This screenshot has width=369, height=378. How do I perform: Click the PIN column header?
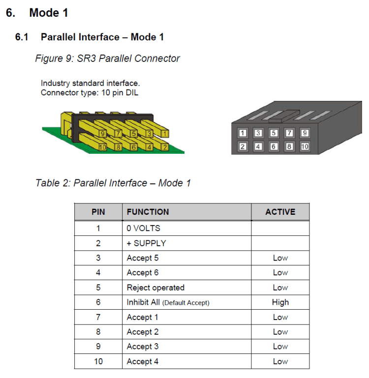click(98, 212)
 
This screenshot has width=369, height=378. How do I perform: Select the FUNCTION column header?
click(148, 212)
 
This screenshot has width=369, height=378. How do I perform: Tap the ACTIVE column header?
click(280, 212)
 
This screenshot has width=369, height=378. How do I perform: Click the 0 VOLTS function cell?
click(143, 228)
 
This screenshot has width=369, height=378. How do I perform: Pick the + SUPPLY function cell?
click(146, 243)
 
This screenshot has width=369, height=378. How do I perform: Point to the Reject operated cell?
click(155, 288)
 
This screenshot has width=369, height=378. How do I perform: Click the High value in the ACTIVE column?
click(280, 302)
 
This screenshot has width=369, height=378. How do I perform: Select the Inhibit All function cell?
click(168, 302)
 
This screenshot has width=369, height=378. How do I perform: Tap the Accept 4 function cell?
click(143, 361)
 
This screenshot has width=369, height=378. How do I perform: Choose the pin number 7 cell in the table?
click(98, 317)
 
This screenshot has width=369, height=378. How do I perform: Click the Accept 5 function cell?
click(143, 258)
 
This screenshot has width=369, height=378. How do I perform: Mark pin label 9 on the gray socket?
click(305, 133)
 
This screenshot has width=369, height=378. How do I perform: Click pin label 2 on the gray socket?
click(243, 146)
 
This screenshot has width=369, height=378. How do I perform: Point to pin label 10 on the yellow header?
click(103, 146)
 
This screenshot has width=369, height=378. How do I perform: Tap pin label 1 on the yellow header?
click(164, 133)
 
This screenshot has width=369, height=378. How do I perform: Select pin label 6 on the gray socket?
click(274, 146)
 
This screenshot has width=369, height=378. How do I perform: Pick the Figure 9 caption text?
click(107, 58)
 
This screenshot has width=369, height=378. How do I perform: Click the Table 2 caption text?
click(113, 183)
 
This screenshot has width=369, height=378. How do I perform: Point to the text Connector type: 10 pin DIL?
click(90, 92)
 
